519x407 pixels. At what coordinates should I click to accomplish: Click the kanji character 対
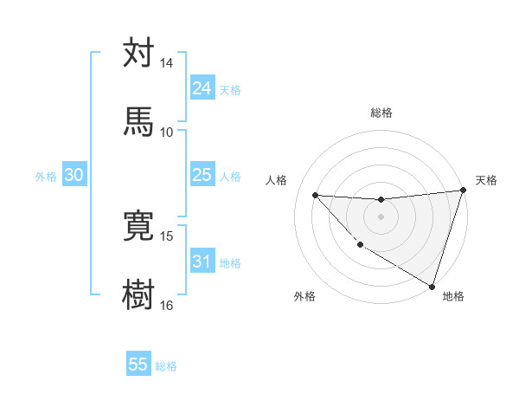(138, 54)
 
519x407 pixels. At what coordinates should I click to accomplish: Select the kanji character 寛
(138, 226)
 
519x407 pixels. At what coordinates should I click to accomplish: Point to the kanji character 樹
(138, 295)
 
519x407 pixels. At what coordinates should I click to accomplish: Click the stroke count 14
(167, 63)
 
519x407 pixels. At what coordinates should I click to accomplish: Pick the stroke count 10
(167, 132)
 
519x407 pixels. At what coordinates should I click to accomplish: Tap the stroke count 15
(167, 236)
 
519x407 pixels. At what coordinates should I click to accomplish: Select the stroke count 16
(167, 305)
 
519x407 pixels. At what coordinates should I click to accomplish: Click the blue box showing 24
(202, 88)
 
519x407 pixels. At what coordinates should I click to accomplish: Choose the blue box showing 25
(202, 175)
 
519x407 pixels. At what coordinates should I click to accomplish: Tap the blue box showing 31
(202, 262)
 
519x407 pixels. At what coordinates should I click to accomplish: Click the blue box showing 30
(74, 175)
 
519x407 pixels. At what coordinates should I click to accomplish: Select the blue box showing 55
(138, 365)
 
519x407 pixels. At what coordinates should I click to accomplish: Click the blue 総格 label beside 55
(166, 366)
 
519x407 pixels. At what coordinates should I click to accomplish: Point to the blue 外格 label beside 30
(46, 177)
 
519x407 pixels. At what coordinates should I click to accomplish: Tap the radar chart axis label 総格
(381, 113)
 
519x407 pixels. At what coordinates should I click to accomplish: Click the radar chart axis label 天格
(486, 180)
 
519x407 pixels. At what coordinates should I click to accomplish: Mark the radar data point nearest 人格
(316, 195)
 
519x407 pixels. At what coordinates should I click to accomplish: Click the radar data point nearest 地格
(432, 286)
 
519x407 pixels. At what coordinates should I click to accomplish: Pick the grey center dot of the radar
(381, 216)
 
